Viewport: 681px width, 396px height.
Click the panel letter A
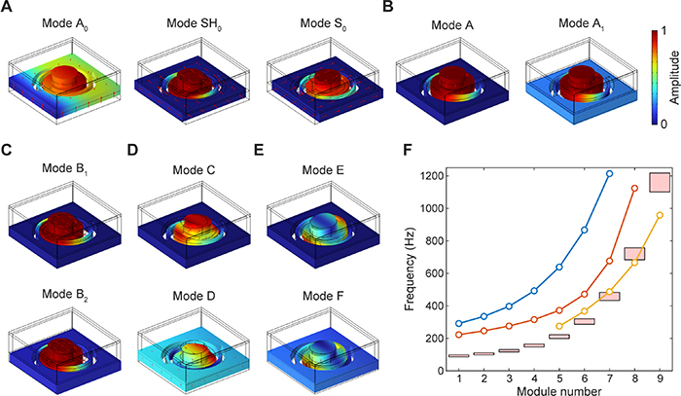pos(9,11)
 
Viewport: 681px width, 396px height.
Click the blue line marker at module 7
pos(610,174)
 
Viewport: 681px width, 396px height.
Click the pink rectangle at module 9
pos(660,182)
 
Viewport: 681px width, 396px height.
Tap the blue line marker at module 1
pos(459,323)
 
